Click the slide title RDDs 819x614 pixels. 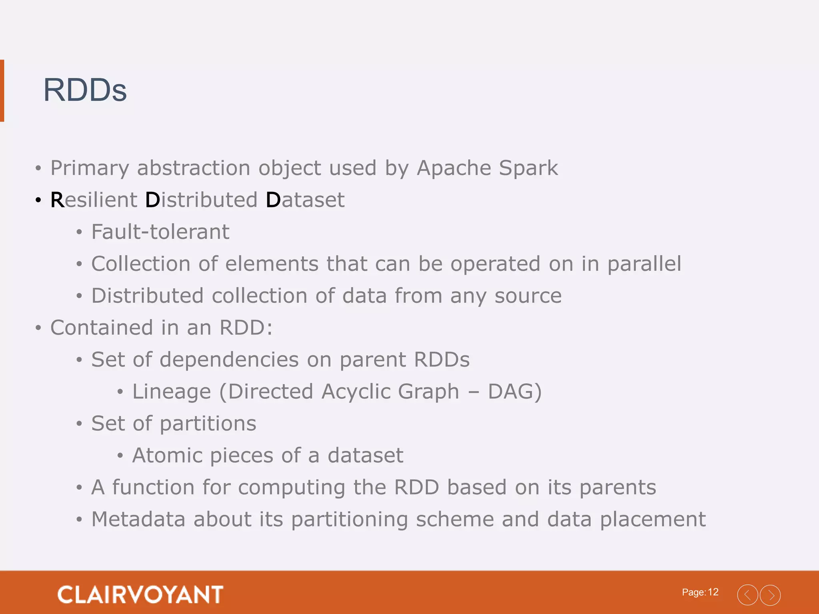pos(85,90)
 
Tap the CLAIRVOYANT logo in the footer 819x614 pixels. pos(140,594)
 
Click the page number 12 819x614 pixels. pos(713,592)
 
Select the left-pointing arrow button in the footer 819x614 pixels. pos(747,595)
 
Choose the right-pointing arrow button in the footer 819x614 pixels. pos(770,595)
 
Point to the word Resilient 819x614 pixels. pos(94,200)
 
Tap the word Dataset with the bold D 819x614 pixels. pos(305,200)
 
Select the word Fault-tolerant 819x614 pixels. pos(160,232)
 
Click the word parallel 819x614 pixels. pos(644,264)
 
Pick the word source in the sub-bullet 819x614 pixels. pos(528,296)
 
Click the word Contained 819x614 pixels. pos(102,328)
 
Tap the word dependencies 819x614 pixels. pos(229,360)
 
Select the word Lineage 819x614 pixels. pos(172,392)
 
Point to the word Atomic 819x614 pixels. pos(167,456)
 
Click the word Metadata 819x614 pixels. pos(138,520)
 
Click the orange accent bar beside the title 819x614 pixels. pos(2,90)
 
